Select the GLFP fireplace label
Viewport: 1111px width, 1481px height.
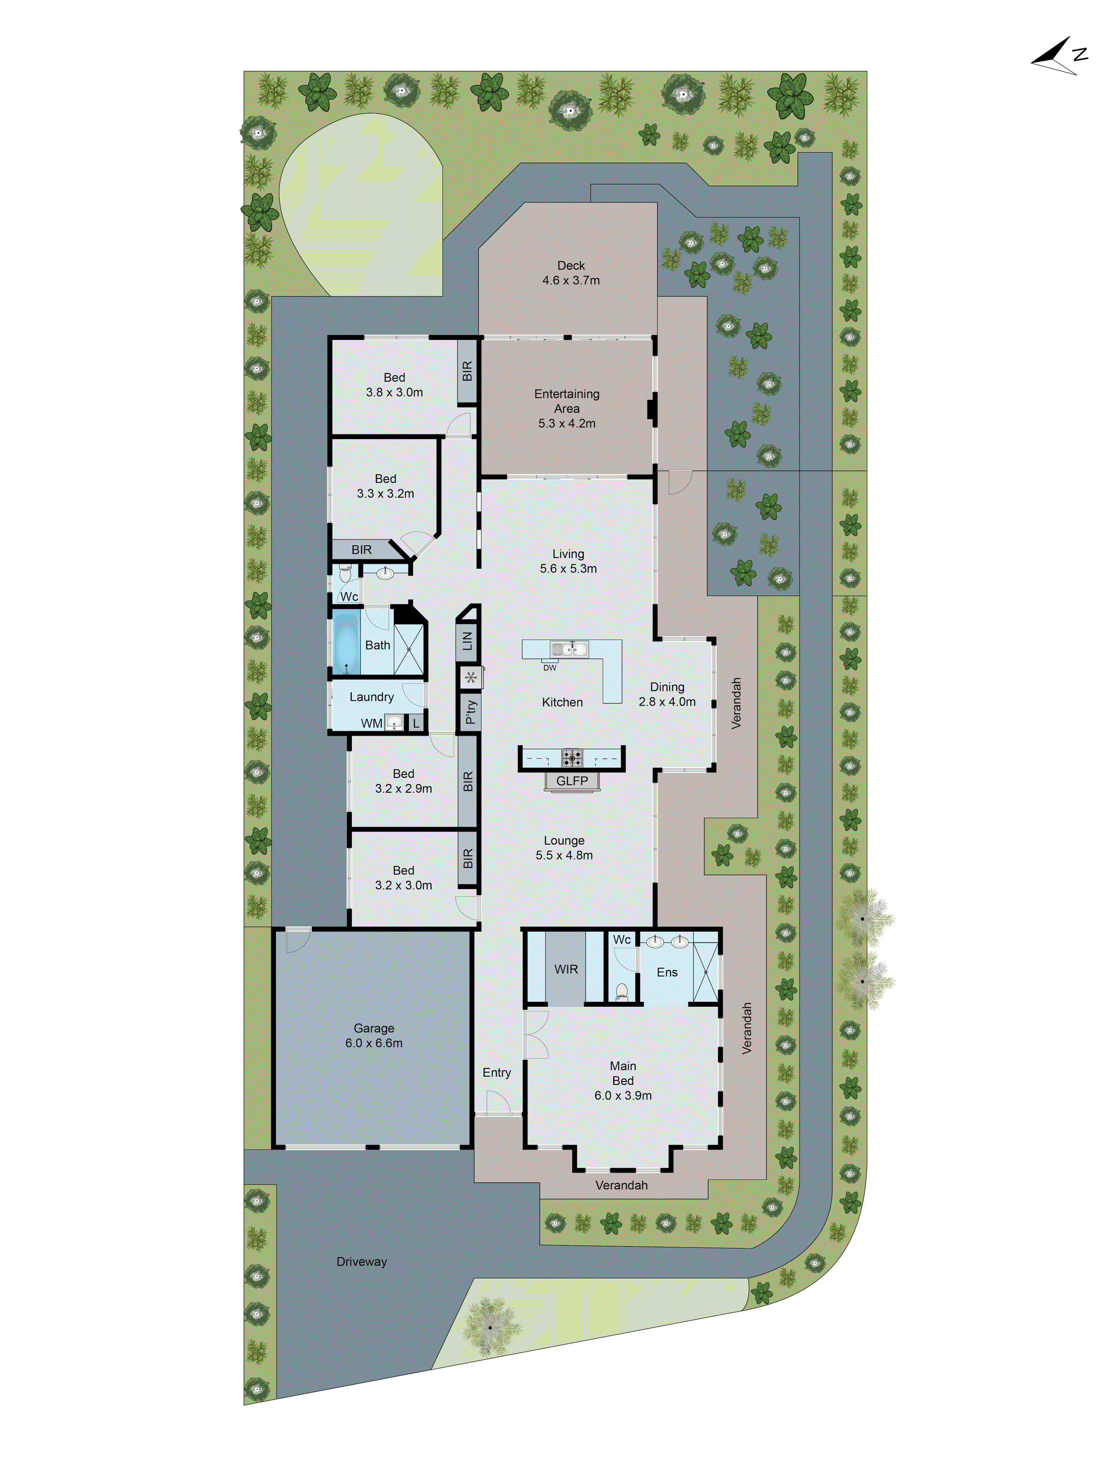pos(571,780)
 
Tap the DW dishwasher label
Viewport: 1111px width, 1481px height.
pos(549,668)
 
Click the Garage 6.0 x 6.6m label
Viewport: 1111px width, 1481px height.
pos(374,1035)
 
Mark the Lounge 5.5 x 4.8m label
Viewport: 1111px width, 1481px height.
pos(564,848)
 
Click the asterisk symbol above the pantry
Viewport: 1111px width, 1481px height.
pos(471,678)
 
